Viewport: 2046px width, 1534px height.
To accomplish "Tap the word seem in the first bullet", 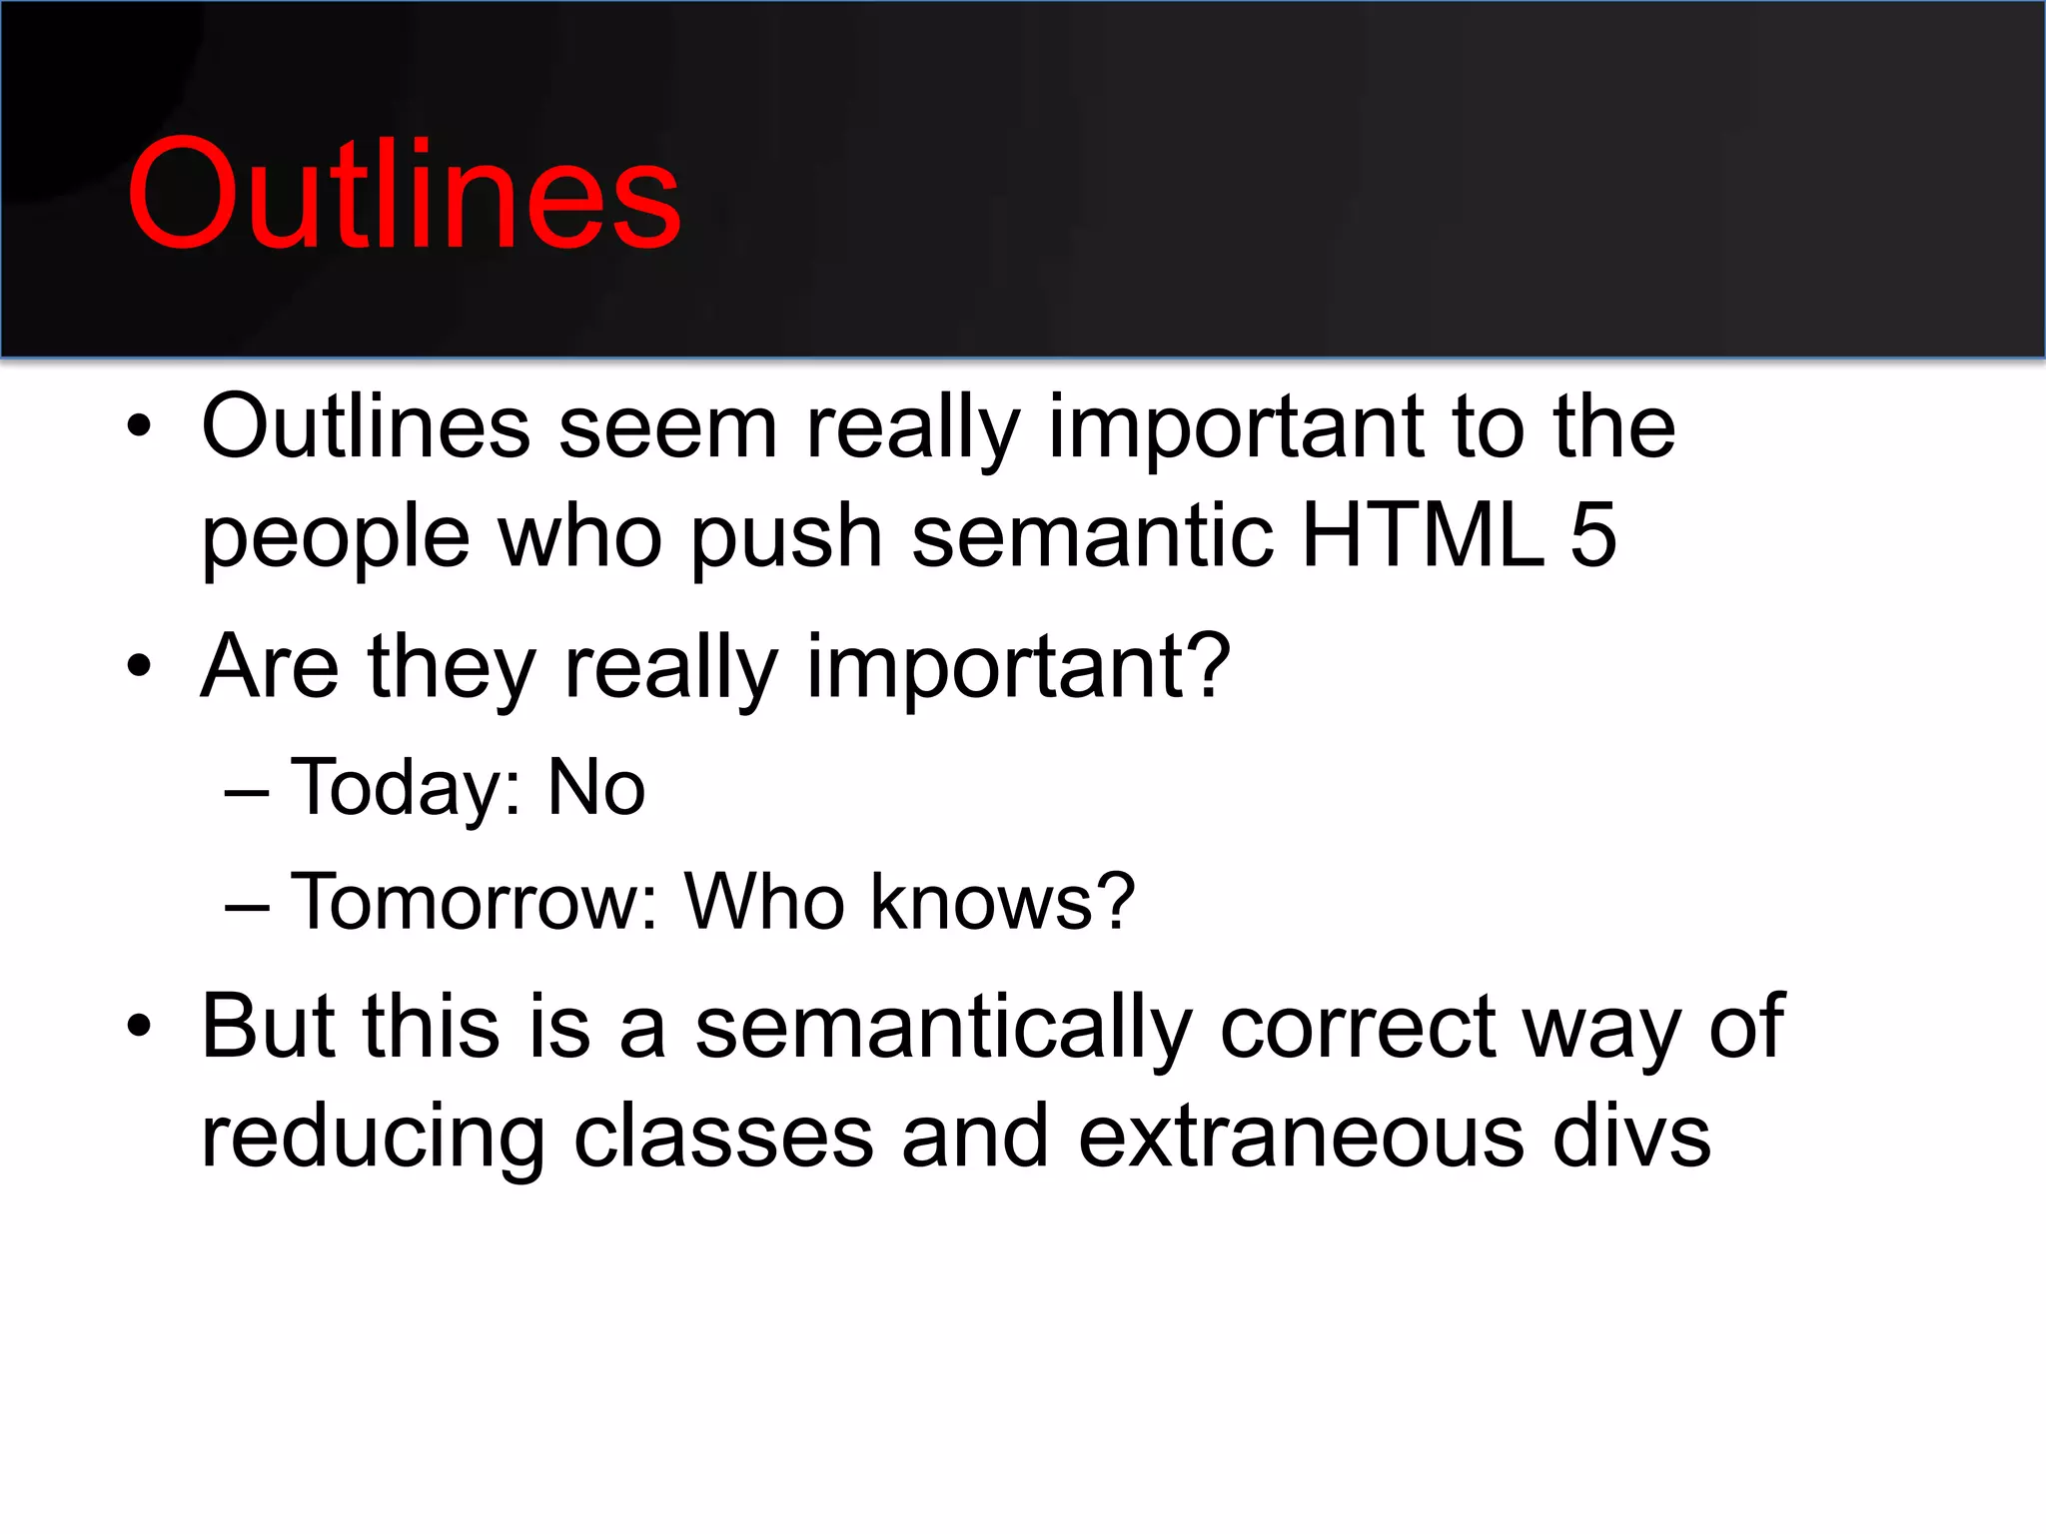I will coord(667,427).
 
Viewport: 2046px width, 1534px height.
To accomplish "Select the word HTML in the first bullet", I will coord(1423,536).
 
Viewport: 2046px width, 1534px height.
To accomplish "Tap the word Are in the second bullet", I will coord(269,666).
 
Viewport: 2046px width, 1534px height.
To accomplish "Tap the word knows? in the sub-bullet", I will coord(1002,902).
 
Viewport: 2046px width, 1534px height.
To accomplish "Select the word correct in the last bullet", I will coord(1357,1029).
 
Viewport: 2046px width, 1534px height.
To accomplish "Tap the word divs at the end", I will coord(1632,1138).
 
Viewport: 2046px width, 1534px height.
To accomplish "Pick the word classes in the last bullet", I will coord(723,1138).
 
